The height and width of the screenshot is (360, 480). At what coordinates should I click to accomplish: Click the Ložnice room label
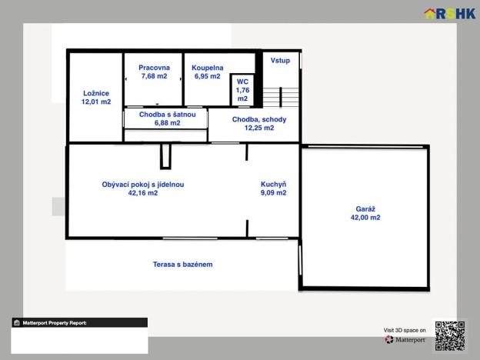point(96,93)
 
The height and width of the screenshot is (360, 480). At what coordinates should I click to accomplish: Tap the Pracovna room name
point(155,68)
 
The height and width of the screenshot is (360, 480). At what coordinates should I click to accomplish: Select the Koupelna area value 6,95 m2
point(208,76)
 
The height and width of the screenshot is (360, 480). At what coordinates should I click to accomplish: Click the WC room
point(242,90)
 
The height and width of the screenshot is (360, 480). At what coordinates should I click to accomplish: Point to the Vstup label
point(280,61)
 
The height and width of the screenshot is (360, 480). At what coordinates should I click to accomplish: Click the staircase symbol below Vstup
point(281,97)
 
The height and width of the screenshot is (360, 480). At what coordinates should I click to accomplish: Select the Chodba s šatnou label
point(168,115)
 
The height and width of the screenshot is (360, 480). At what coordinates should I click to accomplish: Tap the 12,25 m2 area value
point(259,128)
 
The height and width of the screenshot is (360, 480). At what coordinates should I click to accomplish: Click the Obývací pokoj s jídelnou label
point(143,185)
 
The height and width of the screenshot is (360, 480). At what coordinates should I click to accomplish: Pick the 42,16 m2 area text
point(143,193)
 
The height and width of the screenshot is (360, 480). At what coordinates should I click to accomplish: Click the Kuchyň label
point(273,185)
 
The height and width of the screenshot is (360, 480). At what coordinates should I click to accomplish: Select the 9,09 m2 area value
point(273,193)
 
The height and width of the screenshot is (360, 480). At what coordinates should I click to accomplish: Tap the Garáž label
point(365,209)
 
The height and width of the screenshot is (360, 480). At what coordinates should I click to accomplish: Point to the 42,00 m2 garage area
point(365,218)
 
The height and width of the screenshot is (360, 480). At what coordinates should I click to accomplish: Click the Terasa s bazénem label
point(183,265)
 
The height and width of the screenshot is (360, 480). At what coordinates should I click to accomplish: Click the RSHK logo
point(450,14)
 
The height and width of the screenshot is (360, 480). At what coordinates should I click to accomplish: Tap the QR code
point(450,336)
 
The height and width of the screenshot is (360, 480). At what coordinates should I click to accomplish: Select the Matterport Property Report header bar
point(79,322)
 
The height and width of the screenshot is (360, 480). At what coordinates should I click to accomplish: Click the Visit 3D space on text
point(405,330)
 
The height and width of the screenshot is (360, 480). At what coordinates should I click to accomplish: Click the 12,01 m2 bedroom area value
point(96,102)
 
